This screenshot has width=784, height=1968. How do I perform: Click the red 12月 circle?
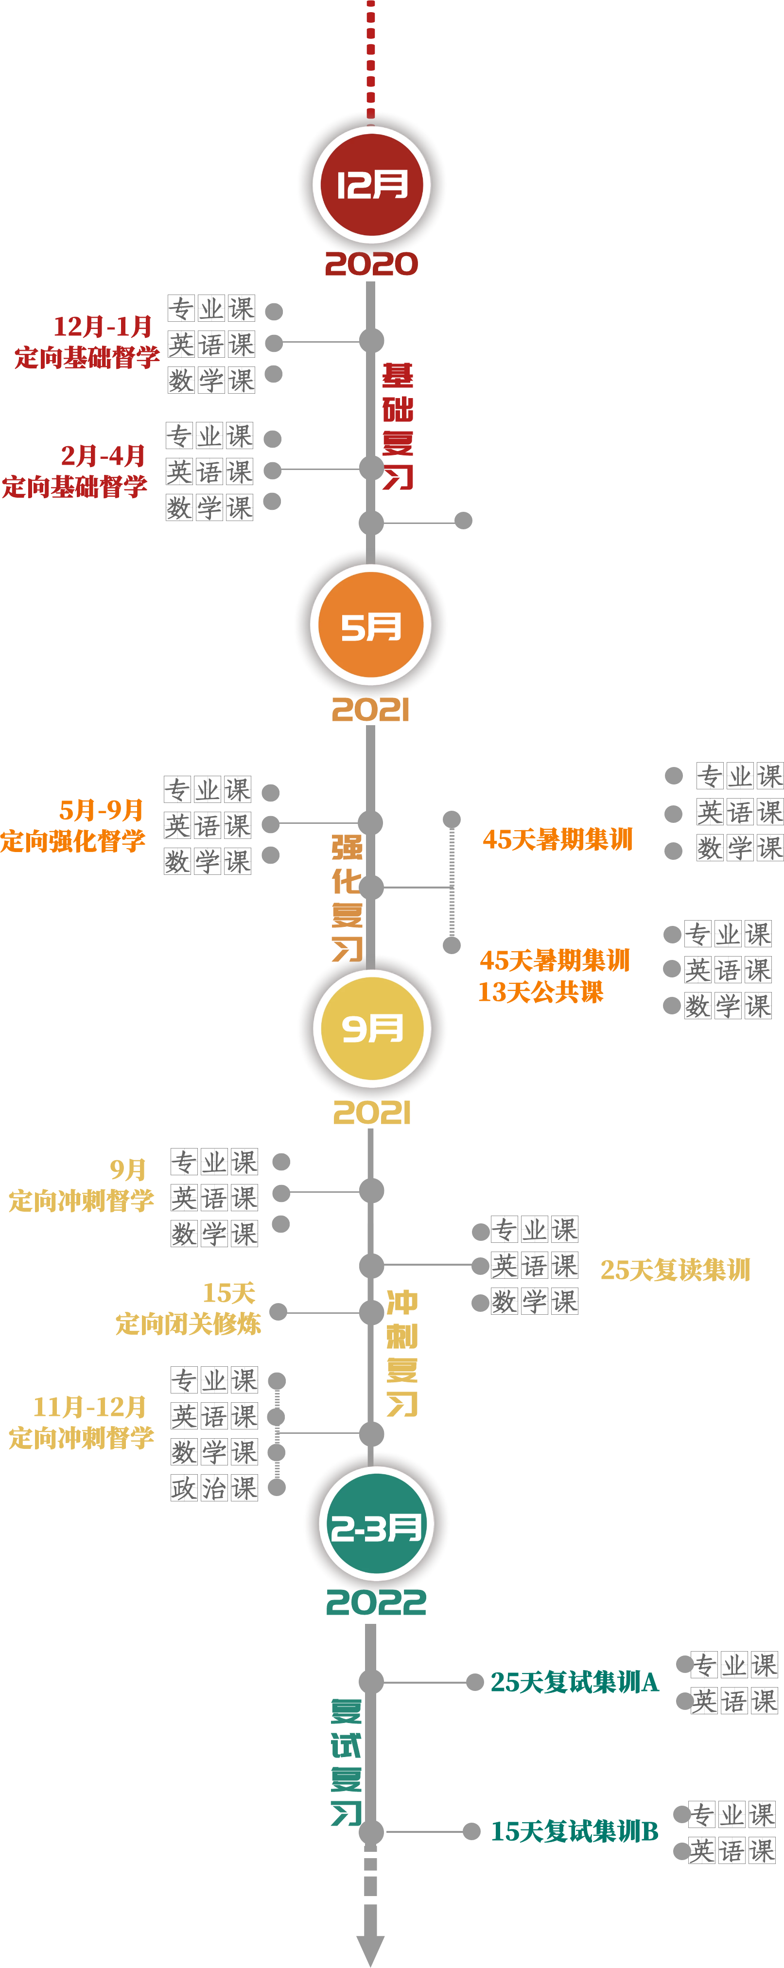click(371, 184)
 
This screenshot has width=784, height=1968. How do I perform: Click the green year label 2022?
click(376, 1602)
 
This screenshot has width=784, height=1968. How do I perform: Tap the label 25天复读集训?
click(675, 1269)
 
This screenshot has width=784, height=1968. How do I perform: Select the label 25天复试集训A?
click(574, 1682)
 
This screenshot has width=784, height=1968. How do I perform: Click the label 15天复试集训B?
click(574, 1830)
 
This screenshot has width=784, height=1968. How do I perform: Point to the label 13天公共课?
click(540, 992)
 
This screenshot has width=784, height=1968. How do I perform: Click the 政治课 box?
click(214, 1487)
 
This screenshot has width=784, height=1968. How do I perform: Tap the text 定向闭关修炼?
click(188, 1323)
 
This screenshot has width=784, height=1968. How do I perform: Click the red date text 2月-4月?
click(103, 455)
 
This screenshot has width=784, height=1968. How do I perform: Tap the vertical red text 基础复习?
click(398, 426)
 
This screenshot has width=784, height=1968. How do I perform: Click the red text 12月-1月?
click(103, 326)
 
